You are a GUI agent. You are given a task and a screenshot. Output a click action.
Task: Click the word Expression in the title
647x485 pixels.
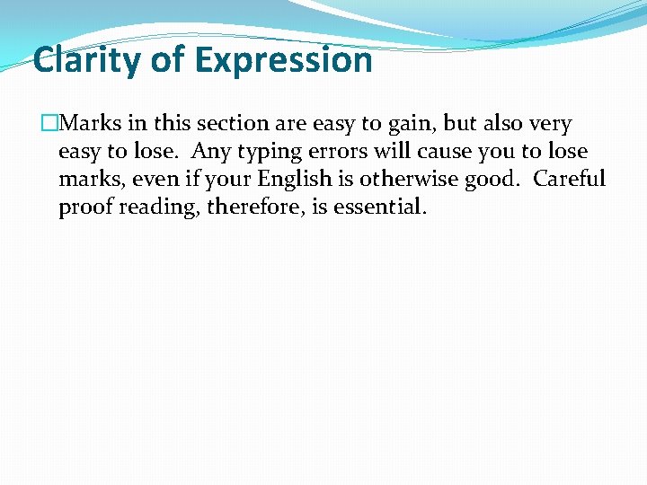point(283,60)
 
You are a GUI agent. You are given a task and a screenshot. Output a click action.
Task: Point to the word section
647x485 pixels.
point(226,124)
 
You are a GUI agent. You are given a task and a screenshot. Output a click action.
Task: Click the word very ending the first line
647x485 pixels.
point(550,124)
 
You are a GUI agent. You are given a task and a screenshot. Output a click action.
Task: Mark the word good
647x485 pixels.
point(491,180)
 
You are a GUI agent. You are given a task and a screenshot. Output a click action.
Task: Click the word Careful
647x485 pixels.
point(569,180)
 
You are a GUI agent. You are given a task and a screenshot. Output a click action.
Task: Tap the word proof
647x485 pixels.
point(85,207)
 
